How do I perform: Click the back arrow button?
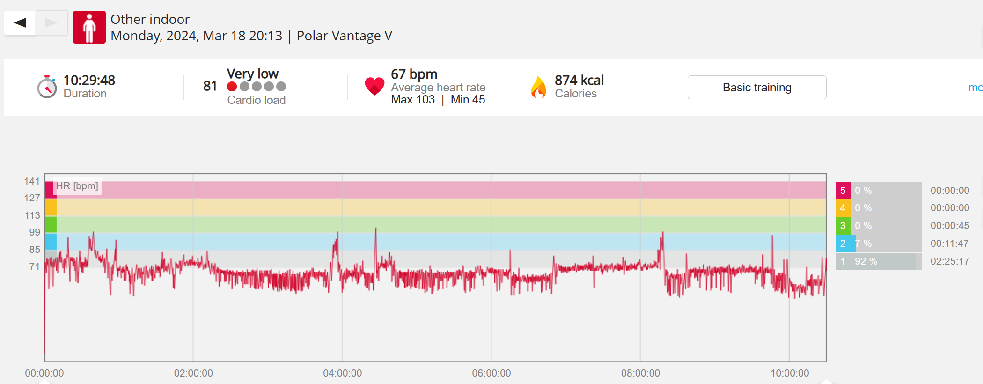pos(20,22)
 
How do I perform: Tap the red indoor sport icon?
pos(89,27)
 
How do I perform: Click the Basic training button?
pos(756,88)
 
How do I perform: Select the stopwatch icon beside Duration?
pos(47,87)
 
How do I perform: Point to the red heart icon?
pos(374,86)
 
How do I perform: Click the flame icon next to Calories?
pos(538,87)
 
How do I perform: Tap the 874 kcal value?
pos(579,81)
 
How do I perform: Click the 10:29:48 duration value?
pos(89,81)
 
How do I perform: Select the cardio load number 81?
pos(210,86)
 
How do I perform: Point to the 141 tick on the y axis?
pos(32,181)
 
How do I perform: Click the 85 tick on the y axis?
pos(35,250)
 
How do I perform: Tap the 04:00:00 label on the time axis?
pos(342,373)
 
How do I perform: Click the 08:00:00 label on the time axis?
pos(640,373)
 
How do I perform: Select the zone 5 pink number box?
pos(843,191)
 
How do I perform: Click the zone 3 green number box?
pos(843,226)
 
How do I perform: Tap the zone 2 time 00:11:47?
pos(949,244)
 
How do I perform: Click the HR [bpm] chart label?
pos(77,186)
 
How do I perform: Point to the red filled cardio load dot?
pos(232,87)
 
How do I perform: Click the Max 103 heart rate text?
pos(413,100)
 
